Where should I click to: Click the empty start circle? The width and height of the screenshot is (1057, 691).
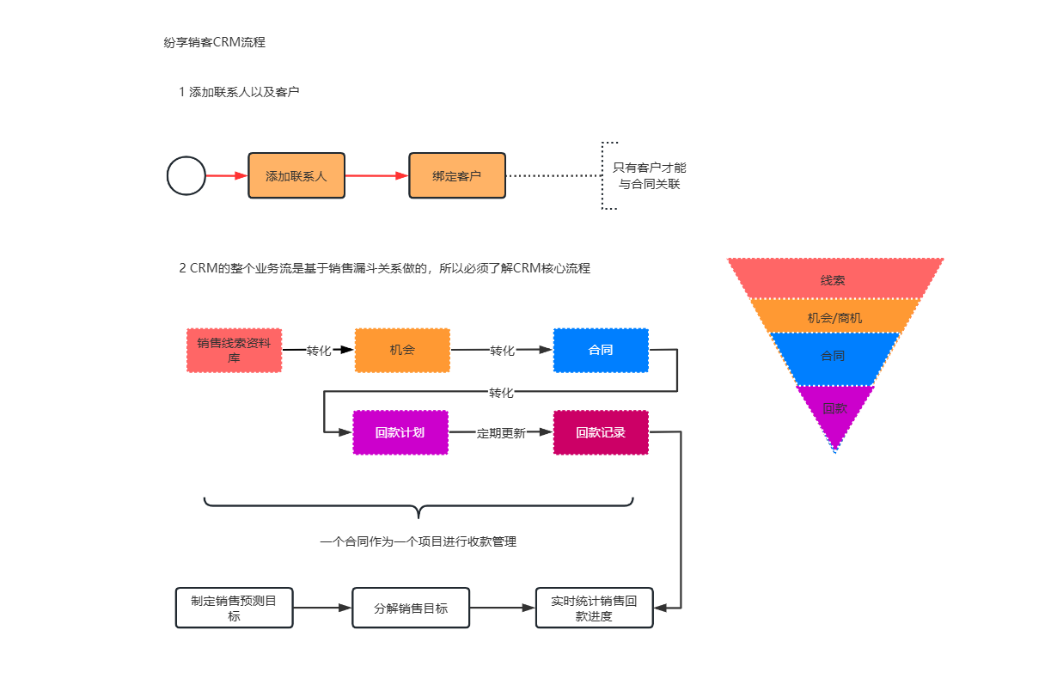(x=186, y=176)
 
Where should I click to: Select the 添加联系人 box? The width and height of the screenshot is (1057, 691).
(x=296, y=176)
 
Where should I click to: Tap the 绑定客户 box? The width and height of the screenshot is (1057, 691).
(x=457, y=176)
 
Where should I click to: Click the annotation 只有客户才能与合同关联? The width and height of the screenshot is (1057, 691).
(x=650, y=176)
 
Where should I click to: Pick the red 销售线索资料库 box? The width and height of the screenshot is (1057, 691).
(x=234, y=351)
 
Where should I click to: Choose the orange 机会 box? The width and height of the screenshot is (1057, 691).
(x=402, y=351)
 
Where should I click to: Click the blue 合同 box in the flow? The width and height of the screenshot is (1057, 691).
(x=601, y=351)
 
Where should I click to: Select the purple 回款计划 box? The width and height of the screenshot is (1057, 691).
(x=400, y=432)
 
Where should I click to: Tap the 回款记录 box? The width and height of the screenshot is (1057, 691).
(x=601, y=432)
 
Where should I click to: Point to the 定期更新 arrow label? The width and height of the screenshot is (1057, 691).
(x=501, y=433)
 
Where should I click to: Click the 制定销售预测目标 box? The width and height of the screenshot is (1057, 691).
(x=234, y=608)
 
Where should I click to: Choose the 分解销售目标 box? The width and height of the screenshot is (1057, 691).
(x=411, y=608)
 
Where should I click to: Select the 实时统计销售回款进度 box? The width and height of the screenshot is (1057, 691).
(x=594, y=608)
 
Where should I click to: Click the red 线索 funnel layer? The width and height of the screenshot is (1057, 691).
(x=834, y=280)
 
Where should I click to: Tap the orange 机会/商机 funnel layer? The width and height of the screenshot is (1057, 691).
(x=834, y=317)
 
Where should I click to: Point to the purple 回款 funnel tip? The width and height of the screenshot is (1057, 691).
(x=834, y=411)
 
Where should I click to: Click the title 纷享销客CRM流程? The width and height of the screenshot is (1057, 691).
(x=214, y=41)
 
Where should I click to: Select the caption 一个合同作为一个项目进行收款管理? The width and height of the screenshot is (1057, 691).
(x=418, y=541)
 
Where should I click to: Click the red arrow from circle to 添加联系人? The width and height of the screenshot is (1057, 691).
(x=227, y=176)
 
